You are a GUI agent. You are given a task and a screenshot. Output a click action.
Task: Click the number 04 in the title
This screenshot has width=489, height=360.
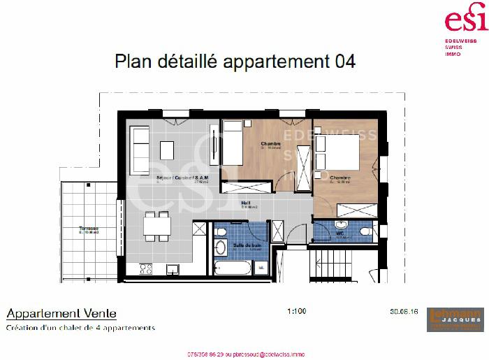click(x=342, y=62)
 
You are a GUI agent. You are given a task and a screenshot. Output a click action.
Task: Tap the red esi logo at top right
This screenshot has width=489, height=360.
click(x=466, y=19)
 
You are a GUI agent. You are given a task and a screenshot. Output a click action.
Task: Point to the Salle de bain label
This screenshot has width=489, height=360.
click(x=247, y=245)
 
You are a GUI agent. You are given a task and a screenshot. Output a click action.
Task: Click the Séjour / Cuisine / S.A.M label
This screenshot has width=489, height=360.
click(x=178, y=178)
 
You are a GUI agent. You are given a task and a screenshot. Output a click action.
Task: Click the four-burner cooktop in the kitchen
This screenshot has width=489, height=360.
click(x=146, y=268)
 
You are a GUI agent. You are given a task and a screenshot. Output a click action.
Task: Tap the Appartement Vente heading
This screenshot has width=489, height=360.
click(x=61, y=314)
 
